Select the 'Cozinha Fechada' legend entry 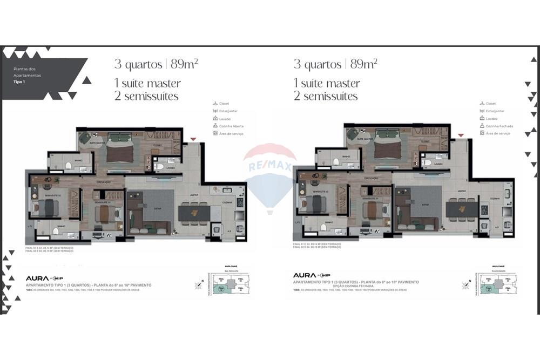point(498,126)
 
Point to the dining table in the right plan point(462,209)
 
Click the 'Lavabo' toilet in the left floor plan point(160,167)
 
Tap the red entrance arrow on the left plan point(193,139)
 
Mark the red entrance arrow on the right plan point(461,135)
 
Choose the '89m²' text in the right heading point(363,64)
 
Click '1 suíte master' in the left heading point(147,84)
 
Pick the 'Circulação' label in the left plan point(104,182)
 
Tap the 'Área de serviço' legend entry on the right point(498,133)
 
